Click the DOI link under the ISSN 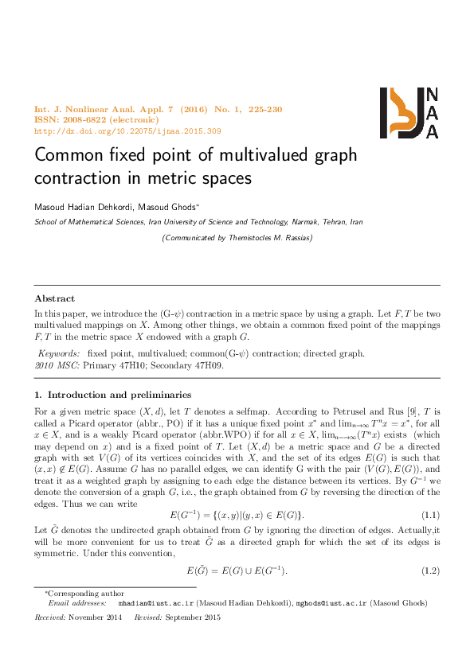pos(127,130)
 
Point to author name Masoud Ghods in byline pos(173,206)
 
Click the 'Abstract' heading pos(54,299)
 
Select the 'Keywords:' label pos(60,353)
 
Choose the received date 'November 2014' pos(96,617)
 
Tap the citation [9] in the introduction pos(411,411)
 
